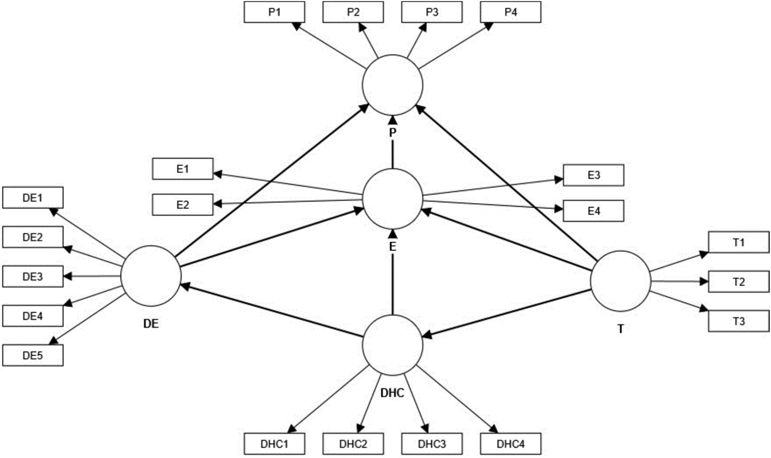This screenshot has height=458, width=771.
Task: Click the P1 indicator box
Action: click(274, 12)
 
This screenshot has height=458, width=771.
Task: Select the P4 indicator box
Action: click(510, 12)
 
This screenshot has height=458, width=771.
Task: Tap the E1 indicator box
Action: click(182, 169)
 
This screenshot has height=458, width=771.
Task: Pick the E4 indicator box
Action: click(593, 211)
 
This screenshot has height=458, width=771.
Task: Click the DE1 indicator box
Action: click(33, 198)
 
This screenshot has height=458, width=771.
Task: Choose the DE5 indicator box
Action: click(33, 355)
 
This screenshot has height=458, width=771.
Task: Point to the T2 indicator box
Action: click(738, 282)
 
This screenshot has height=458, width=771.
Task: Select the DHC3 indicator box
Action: click(431, 444)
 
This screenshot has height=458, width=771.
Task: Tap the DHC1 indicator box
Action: click(274, 444)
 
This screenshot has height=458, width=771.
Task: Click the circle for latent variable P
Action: click(392, 84)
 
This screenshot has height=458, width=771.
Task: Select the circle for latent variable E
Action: click(392, 199)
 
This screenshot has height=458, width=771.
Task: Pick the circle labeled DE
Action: click(151, 276)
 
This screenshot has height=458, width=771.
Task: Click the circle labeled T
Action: click(620, 281)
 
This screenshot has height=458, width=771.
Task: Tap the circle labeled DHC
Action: click(392, 345)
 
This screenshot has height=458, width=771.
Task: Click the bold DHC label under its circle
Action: click(392, 393)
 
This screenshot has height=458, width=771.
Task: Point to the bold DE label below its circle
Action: click(151, 324)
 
